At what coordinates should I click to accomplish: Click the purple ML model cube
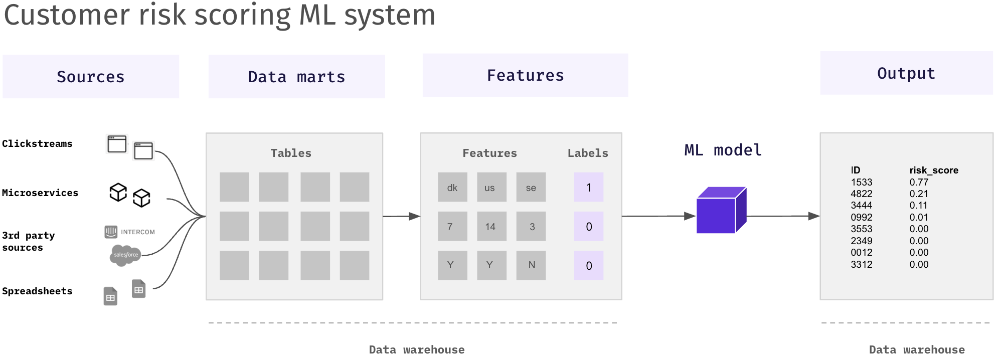pyautogui.click(x=720, y=211)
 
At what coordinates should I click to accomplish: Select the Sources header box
pyautogui.click(x=91, y=76)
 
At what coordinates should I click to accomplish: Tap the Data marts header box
pyautogui.click(x=296, y=76)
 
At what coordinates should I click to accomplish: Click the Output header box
pyautogui.click(x=906, y=73)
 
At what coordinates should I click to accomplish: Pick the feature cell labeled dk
pyautogui.click(x=452, y=188)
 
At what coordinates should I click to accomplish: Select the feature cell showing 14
pyautogui.click(x=490, y=227)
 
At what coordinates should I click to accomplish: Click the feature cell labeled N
pyautogui.click(x=531, y=265)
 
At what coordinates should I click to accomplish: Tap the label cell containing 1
pyautogui.click(x=588, y=188)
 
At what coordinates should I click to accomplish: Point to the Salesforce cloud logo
pyautogui.click(x=125, y=255)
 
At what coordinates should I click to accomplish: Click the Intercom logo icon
pyautogui.click(x=111, y=232)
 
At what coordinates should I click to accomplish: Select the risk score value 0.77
pyautogui.click(x=919, y=182)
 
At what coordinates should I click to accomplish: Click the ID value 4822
pyautogui.click(x=861, y=194)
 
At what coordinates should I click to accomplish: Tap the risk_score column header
pyautogui.click(x=933, y=170)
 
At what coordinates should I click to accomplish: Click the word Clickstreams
pyautogui.click(x=37, y=144)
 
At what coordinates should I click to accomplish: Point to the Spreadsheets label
pyautogui.click(x=37, y=291)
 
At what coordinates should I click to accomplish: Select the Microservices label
pyautogui.click(x=40, y=193)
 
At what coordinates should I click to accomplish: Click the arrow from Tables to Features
pyautogui.click(x=401, y=217)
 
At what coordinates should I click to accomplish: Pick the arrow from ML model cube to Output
pyautogui.click(x=782, y=216)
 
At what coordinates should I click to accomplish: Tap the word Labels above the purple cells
pyautogui.click(x=587, y=153)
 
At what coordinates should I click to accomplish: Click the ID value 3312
pyautogui.click(x=861, y=264)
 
